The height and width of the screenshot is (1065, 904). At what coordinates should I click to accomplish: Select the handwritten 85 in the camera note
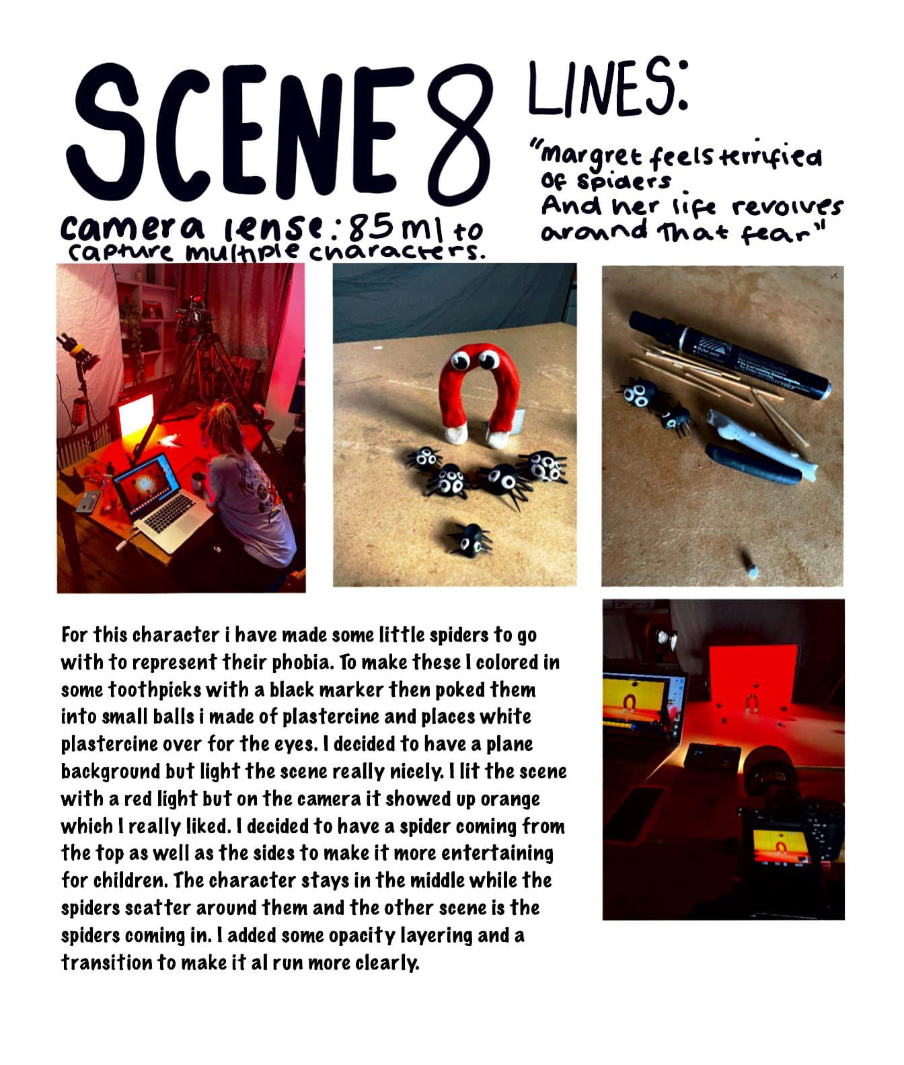(372, 229)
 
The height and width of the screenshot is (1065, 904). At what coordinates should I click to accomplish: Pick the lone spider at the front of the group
(471, 539)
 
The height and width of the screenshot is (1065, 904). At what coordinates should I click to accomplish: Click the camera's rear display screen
(780, 847)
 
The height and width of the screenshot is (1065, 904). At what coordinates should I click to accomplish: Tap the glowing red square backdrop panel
(753, 679)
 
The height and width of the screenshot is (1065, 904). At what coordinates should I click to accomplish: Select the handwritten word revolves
(786, 207)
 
